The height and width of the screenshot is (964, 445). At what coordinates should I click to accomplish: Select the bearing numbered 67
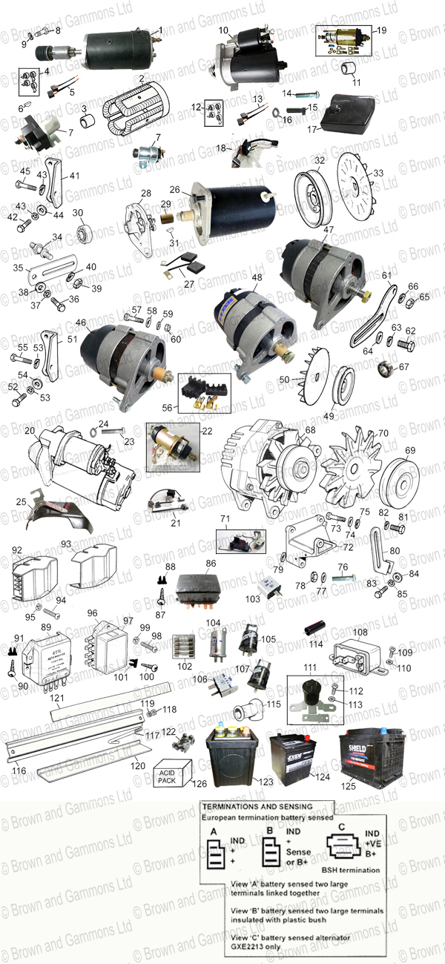[384, 368]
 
